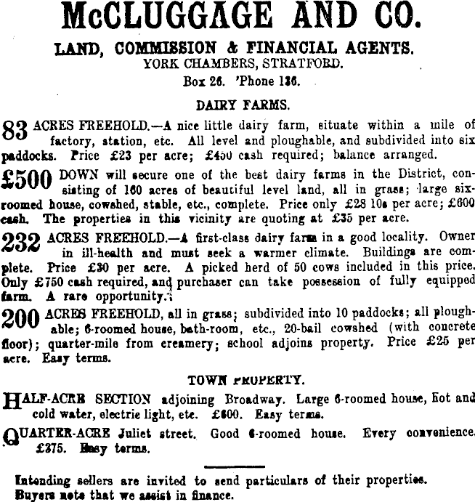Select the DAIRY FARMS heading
click(x=237, y=105)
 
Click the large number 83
click(x=16, y=131)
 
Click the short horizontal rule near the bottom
click(x=238, y=467)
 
